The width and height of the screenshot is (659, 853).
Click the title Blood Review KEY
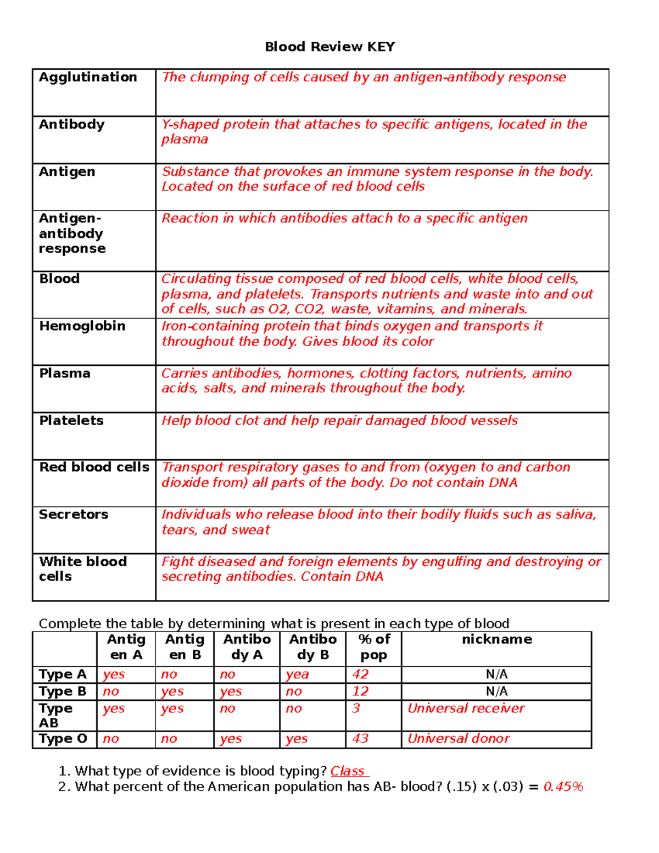pos(329,47)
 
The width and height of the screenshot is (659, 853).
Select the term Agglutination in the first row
pos(88,77)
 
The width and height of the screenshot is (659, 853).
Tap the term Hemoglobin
pos(82,326)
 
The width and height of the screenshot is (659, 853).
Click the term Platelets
pos(71,421)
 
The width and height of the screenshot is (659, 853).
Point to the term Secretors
pos(74,515)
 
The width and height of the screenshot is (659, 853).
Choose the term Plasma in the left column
pos(65,373)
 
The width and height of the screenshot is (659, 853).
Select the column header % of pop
pos(374,647)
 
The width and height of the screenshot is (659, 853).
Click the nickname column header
pos(496,639)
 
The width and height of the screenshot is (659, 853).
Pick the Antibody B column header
pos(313,647)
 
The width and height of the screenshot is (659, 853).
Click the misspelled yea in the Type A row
pos(297,674)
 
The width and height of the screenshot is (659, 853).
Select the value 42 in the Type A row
pos(360,674)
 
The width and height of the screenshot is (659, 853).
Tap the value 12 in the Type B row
pos(360,691)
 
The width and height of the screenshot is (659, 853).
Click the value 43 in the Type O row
pos(360,739)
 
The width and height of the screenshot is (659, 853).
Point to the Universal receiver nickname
pos(466,709)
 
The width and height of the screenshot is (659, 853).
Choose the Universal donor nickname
pos(459,739)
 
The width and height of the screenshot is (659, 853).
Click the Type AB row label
pos(55,716)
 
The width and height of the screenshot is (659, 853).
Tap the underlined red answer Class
pos(348,771)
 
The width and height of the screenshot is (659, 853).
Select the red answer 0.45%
pos(563,787)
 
